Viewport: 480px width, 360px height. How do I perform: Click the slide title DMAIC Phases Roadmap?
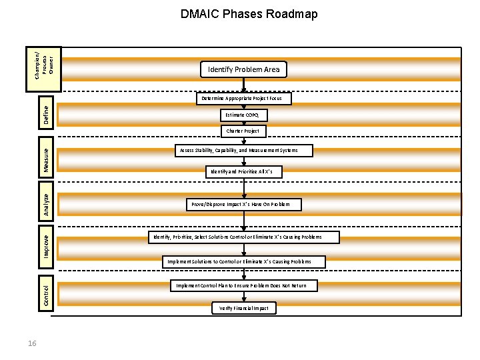[249, 14]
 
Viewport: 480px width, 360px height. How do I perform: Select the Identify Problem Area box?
[244, 69]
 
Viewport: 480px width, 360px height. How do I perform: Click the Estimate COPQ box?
[243, 115]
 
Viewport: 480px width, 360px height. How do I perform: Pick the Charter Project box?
[243, 131]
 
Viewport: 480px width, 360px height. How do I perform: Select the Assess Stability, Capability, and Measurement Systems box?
[244, 151]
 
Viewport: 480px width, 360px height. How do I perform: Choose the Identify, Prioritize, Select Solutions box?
[243, 237]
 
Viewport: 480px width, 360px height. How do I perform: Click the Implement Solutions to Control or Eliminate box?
[243, 261]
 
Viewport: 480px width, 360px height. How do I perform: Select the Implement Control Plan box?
[243, 285]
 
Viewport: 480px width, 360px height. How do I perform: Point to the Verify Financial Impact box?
[244, 308]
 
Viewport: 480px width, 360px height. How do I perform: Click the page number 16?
[33, 343]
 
